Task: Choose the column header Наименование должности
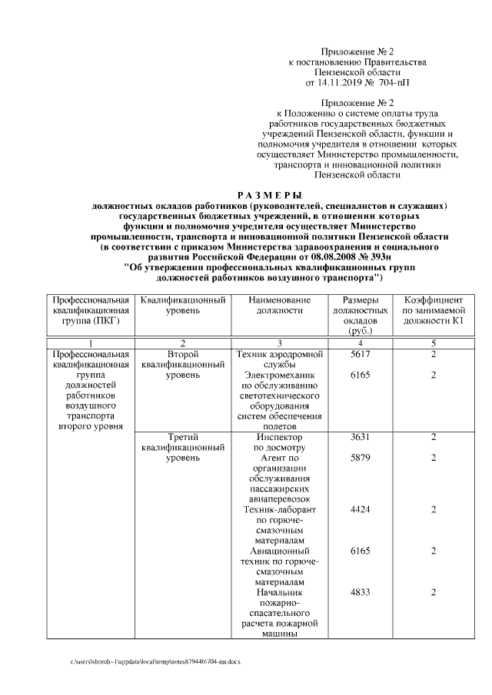280,304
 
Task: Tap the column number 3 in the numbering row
280,343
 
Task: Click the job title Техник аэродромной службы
280,359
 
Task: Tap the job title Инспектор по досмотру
280,442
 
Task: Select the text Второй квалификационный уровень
183,364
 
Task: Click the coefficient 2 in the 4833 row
434,592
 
